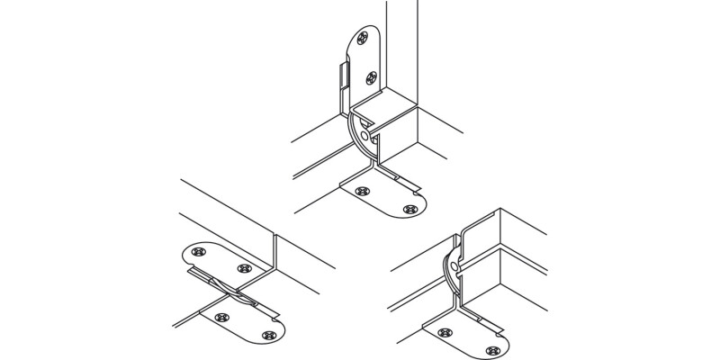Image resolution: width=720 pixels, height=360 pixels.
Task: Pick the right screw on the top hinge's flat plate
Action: (x=410, y=209)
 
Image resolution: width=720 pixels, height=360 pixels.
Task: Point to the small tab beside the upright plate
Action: (x=343, y=76)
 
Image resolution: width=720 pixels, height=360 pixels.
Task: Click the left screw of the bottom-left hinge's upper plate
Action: (x=200, y=251)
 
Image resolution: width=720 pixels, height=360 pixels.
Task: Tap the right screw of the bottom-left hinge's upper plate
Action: (x=243, y=267)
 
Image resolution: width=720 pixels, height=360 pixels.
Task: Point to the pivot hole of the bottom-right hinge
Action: (x=456, y=266)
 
